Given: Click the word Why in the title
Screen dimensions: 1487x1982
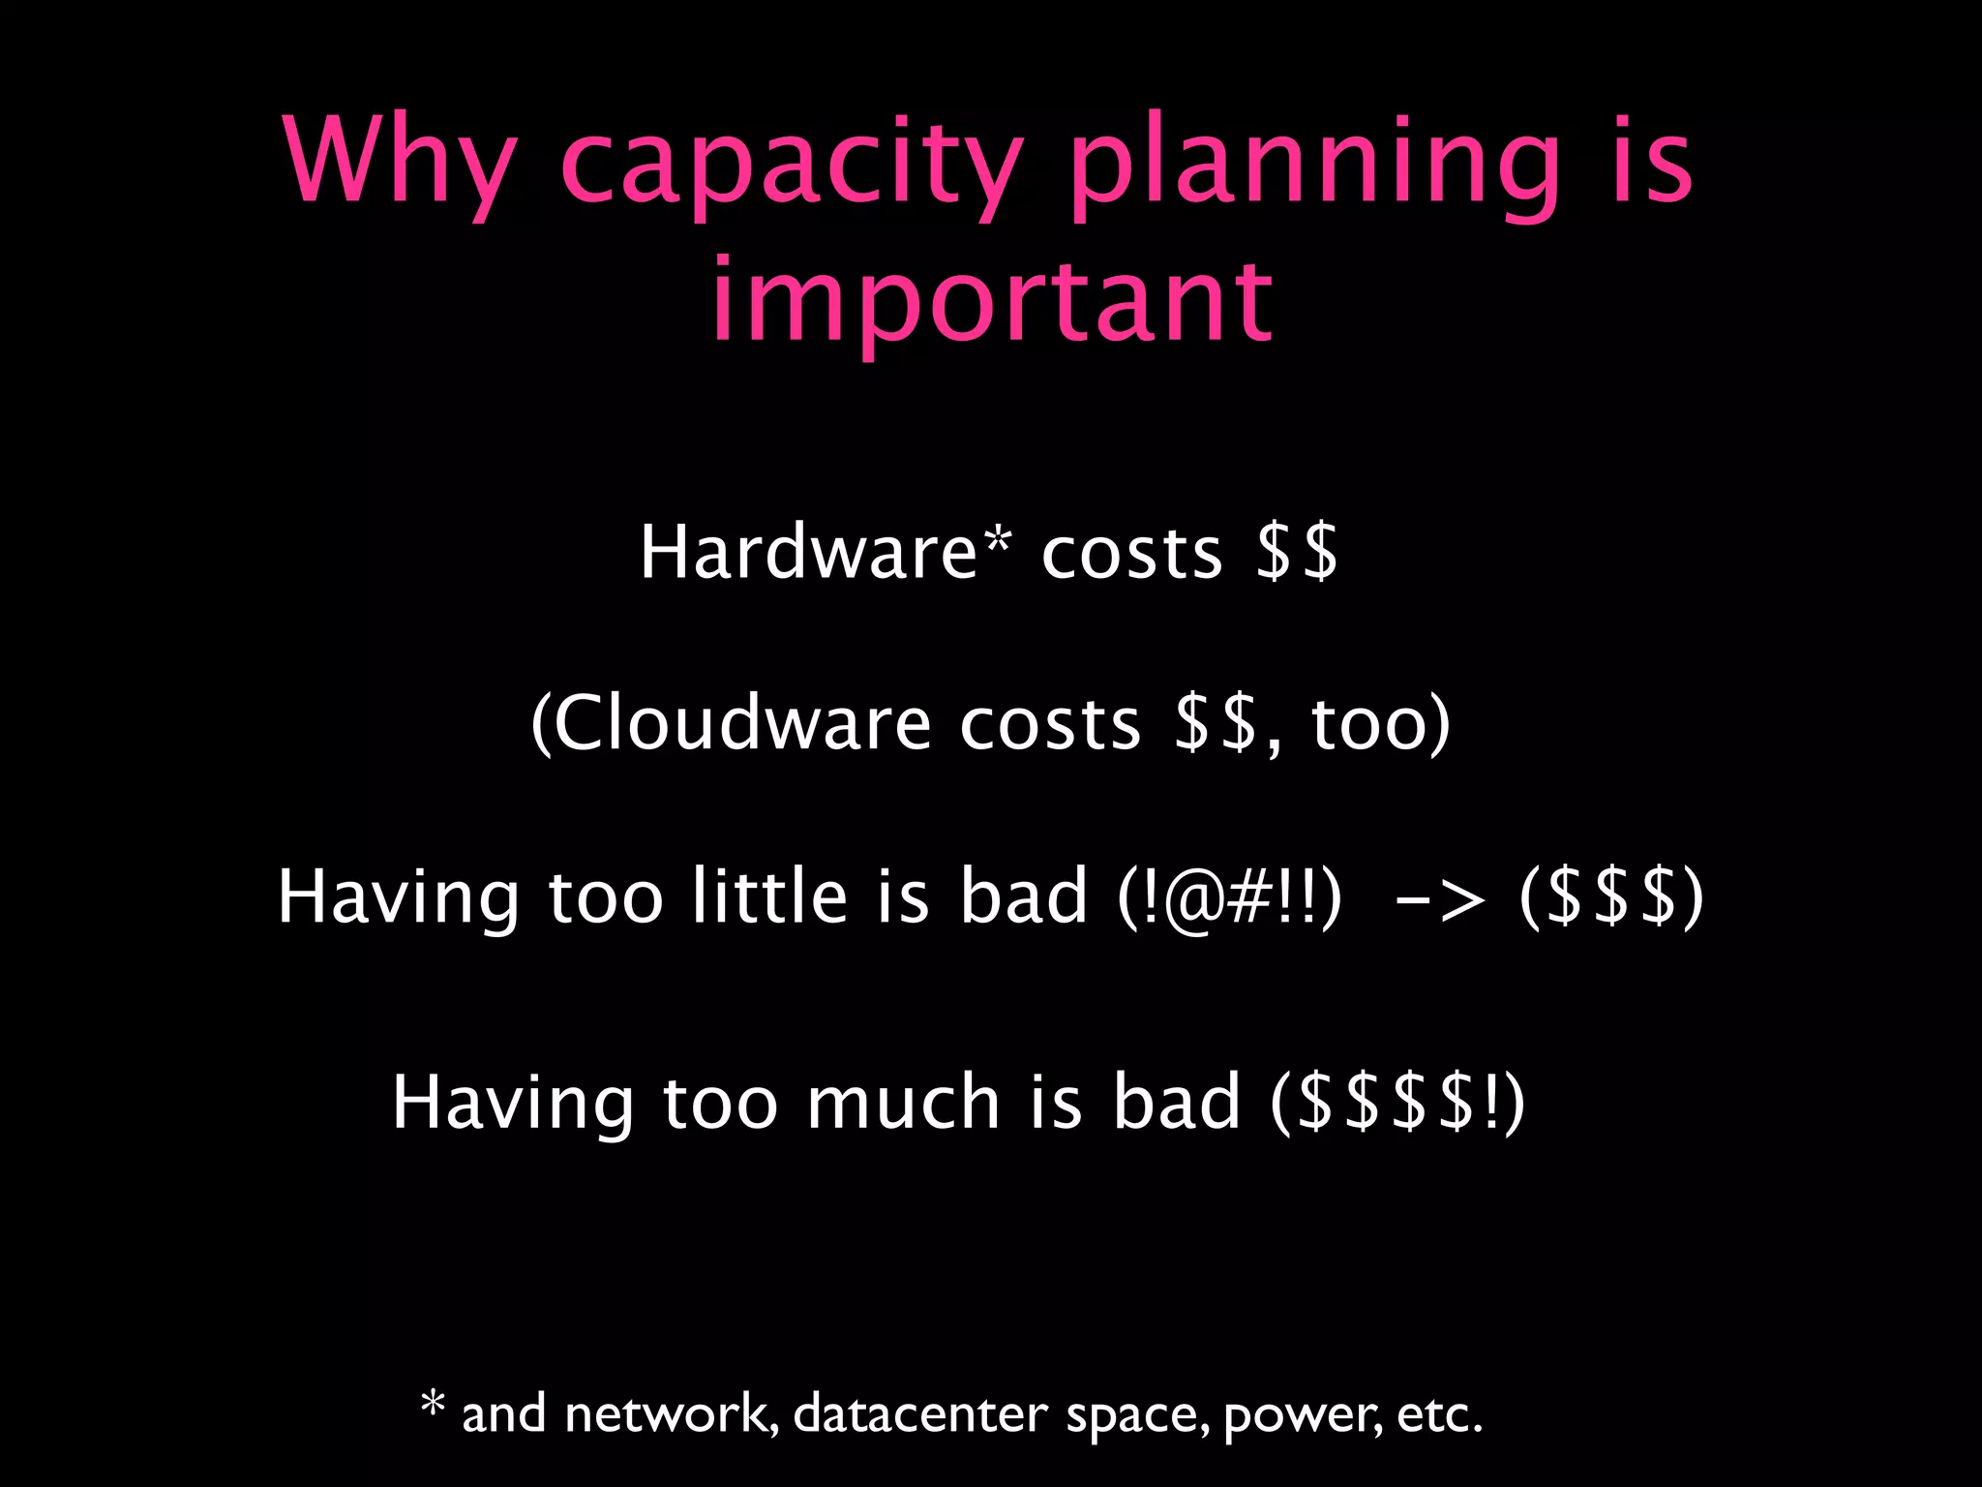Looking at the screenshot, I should click(399, 162).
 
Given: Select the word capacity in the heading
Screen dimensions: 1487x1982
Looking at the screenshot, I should click(792, 165).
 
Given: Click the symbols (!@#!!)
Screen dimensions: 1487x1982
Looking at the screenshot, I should click(1229, 896).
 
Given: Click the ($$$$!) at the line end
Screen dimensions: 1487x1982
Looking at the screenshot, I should click(1397, 1103).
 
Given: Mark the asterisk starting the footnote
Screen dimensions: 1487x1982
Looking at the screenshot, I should click(433, 1404).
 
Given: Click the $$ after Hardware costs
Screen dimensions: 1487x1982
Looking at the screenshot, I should click(1297, 552).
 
